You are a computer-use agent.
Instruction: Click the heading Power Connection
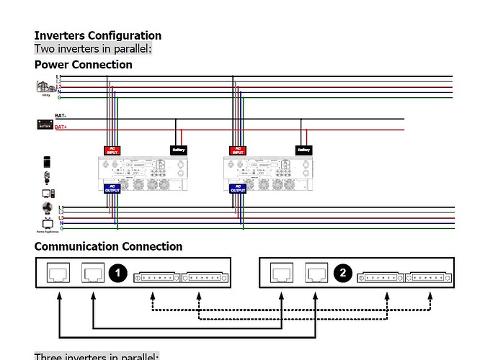(83, 64)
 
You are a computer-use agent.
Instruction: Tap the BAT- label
(61, 116)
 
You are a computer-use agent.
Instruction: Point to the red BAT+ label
(62, 127)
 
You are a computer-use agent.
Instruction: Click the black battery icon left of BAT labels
(45, 124)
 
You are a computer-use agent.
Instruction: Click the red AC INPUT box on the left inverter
(112, 150)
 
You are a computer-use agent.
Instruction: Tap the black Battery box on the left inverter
(178, 150)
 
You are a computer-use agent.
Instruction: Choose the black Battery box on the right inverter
(303, 150)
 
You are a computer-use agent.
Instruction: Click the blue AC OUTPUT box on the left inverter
(112, 188)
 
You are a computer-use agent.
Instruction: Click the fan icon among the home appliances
(45, 209)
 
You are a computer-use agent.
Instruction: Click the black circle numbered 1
(117, 274)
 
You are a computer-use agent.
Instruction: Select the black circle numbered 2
(344, 274)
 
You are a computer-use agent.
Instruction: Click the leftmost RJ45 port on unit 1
(58, 274)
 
